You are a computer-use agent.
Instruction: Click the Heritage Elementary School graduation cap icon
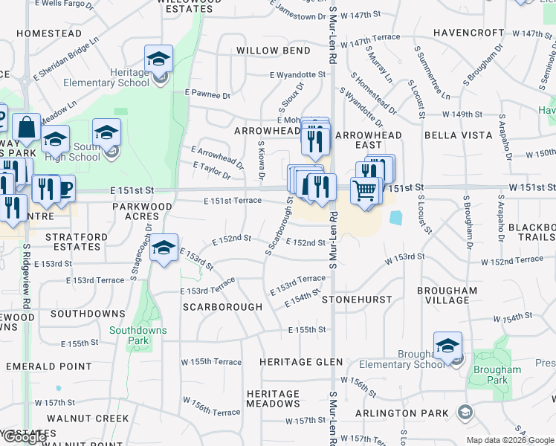tap(158, 59)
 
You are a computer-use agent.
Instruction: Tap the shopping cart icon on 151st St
tap(365, 190)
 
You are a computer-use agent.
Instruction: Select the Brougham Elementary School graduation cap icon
tap(447, 346)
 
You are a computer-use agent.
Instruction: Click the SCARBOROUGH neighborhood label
tap(222, 306)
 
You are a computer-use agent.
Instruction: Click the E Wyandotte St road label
tap(297, 75)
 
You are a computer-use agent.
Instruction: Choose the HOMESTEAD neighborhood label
tap(49, 33)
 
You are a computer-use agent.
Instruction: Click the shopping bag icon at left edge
tap(27, 128)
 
